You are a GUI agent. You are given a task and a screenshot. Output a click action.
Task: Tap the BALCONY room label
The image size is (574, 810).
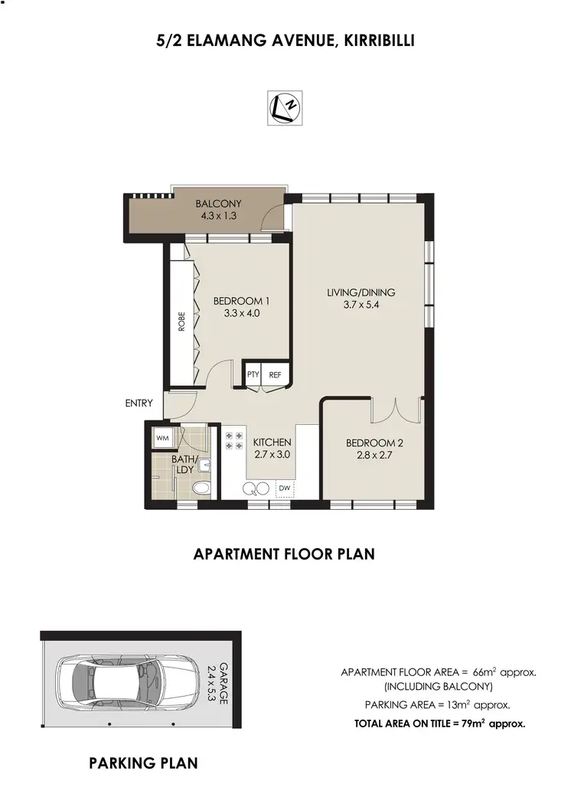point(218,204)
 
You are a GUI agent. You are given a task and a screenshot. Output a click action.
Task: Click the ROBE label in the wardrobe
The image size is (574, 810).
point(181,320)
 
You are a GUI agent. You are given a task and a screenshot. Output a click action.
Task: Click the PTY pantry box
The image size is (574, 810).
point(253,374)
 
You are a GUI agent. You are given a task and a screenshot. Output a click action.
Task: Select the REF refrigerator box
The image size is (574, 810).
point(276,374)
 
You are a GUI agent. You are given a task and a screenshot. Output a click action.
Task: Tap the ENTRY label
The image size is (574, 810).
point(139,403)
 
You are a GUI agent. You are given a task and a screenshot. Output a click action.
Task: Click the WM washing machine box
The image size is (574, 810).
point(162,438)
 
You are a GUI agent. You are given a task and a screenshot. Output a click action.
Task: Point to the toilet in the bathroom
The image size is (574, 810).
point(201,488)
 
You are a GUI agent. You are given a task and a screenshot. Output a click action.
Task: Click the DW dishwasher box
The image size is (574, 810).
point(284,487)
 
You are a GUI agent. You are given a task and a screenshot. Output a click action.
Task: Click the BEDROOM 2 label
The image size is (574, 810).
point(373,443)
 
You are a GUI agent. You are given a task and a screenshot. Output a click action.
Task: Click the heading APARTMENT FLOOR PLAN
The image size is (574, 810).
point(284,554)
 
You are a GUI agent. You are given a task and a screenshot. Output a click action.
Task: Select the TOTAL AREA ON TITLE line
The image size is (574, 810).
point(439,722)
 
